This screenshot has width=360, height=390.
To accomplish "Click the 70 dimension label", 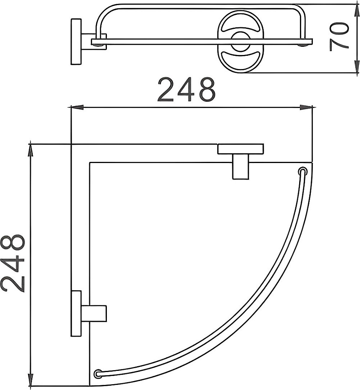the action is [339, 37].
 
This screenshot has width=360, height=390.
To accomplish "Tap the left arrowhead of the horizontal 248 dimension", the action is [77, 108].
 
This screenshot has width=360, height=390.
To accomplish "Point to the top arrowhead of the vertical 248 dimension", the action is [30, 149].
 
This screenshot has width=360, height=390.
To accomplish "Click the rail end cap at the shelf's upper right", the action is [302, 171].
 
